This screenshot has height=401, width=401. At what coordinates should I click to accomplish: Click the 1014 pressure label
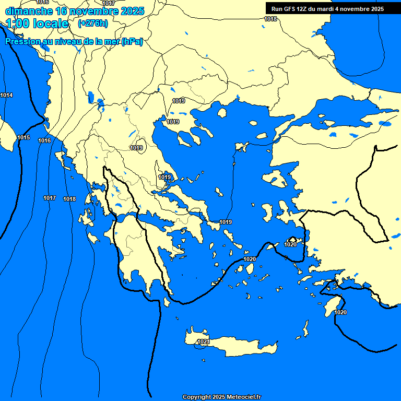click(x=7, y=95)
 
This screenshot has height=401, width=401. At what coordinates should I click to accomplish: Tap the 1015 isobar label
click(x=23, y=137)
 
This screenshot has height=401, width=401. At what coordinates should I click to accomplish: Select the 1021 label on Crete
click(x=204, y=342)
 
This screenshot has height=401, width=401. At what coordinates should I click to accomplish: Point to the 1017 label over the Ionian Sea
click(x=50, y=198)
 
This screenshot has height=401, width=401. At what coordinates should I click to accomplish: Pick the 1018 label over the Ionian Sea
click(x=69, y=199)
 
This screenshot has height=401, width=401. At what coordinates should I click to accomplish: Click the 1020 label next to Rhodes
click(x=340, y=312)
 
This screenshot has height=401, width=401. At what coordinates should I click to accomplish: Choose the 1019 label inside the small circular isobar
click(x=137, y=148)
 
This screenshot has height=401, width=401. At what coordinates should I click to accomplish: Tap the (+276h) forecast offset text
click(x=92, y=23)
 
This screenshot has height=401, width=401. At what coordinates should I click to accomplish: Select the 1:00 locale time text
click(x=38, y=23)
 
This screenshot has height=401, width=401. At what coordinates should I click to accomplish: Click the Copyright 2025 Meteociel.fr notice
click(x=222, y=397)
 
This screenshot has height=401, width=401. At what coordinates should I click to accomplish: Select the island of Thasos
click(x=222, y=113)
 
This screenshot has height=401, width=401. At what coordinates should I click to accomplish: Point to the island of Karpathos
click(x=305, y=329)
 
